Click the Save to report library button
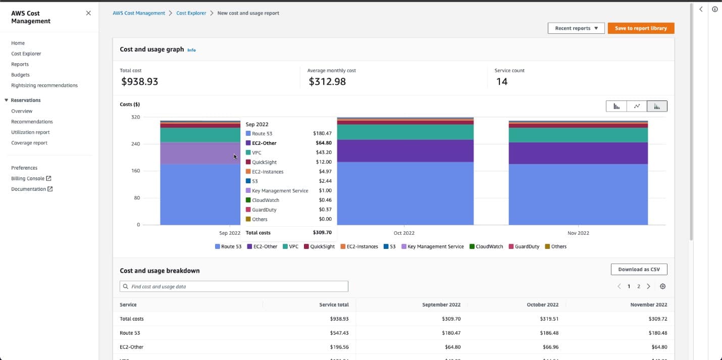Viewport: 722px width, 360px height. tap(641, 28)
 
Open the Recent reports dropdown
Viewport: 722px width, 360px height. tap(576, 28)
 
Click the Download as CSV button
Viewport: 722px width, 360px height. tap(639, 270)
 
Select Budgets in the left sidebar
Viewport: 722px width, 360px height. tap(20, 75)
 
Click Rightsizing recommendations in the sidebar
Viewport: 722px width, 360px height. tap(44, 85)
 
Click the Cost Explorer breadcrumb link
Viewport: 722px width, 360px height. tap(191, 13)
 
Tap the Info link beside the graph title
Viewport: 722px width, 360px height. tap(191, 50)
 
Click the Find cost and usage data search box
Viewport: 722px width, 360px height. tap(234, 287)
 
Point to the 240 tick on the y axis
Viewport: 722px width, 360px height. tap(135, 144)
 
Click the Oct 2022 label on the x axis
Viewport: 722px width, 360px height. tap(404, 233)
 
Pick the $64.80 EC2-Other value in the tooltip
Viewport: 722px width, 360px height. tap(323, 143)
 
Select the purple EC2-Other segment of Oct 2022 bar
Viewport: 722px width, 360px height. tap(405, 150)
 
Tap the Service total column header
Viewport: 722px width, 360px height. tap(334, 305)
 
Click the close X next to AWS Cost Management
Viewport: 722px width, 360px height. tap(88, 13)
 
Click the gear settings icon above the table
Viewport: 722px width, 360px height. tap(663, 287)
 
